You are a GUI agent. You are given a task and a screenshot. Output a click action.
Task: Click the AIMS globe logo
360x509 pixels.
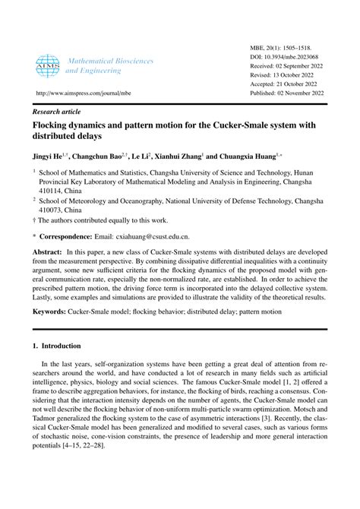(48, 65)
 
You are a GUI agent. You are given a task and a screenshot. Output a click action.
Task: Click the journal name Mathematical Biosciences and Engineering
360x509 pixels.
(109, 65)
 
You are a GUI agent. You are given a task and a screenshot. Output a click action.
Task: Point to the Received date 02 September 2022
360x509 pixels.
(298, 66)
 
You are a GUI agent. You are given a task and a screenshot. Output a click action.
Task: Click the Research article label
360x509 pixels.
(60, 110)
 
